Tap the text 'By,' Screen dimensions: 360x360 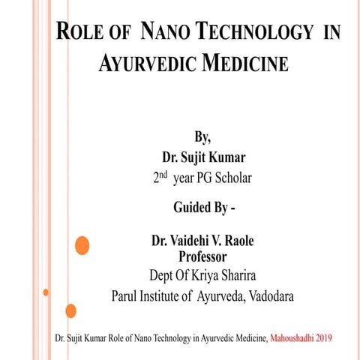click(x=202, y=137)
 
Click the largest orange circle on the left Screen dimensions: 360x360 click(x=82, y=244)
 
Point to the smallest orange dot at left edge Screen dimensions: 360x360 click(x=46, y=292)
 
